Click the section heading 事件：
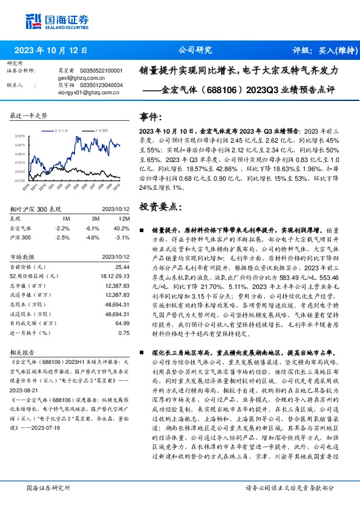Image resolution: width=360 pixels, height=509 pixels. [151, 117]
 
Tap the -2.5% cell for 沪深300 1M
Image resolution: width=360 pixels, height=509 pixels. [62, 238]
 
